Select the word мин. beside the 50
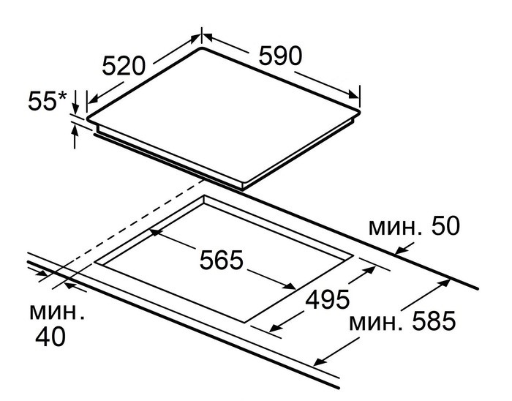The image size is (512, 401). point(394,228)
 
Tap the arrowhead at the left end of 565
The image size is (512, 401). point(154,233)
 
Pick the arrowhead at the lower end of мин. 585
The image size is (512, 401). point(318,361)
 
